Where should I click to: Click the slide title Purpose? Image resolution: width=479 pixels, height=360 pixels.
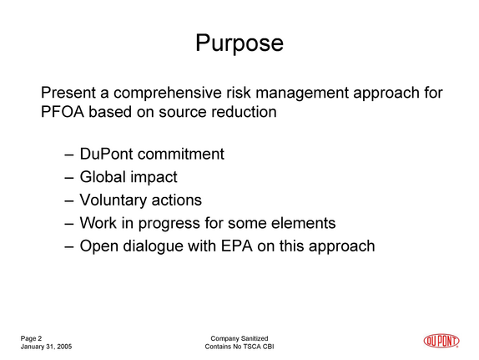pyautogui.click(x=239, y=43)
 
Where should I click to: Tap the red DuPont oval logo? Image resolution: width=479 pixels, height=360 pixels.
pyautogui.click(x=441, y=341)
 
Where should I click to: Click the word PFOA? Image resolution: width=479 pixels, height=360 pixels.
pyautogui.click(x=63, y=112)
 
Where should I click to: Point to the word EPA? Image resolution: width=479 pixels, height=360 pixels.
pyautogui.click(x=237, y=246)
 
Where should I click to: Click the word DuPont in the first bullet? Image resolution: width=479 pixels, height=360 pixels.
pyautogui.click(x=107, y=154)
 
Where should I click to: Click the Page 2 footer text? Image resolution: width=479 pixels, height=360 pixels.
pyautogui.click(x=31, y=338)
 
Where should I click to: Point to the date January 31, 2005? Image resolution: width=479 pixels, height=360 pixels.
pyautogui.click(x=46, y=347)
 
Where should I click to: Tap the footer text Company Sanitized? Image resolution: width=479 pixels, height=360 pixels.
pyautogui.click(x=239, y=338)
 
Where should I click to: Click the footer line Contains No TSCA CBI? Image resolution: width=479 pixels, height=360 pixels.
pyautogui.click(x=239, y=347)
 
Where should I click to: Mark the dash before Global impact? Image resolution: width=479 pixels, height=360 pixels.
pyautogui.click(x=69, y=178)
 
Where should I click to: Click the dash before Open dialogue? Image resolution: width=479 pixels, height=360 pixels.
pyautogui.click(x=69, y=247)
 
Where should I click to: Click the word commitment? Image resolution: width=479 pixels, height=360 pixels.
pyautogui.click(x=181, y=154)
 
